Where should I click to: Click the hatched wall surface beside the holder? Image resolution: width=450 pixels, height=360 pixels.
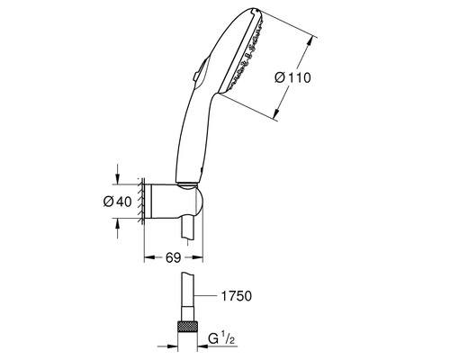coord(139,202)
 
